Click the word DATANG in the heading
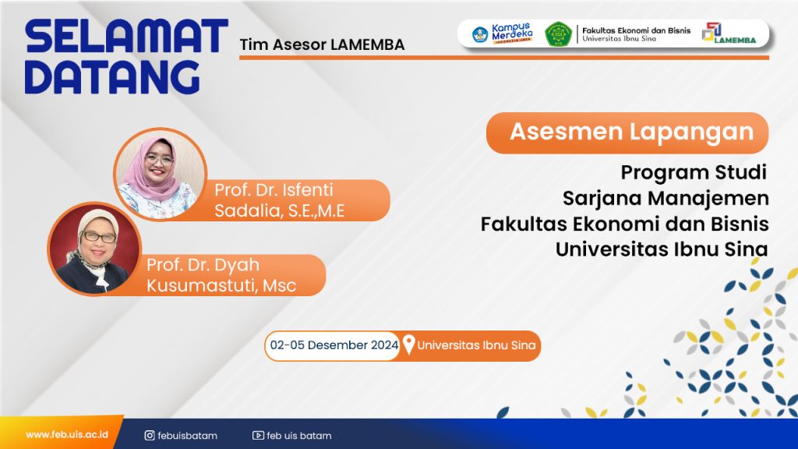point(112,77)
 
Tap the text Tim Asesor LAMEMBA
point(322,44)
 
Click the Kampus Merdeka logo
point(503,34)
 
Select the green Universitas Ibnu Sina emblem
point(558,34)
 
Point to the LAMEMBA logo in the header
point(729,34)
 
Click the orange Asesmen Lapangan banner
point(627,133)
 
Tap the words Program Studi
point(693,172)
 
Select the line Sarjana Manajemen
point(666,198)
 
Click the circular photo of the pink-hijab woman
point(160,174)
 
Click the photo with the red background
point(94,249)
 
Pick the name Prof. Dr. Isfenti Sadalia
point(280,200)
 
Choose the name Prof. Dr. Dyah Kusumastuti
point(221,275)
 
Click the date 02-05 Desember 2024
point(334,345)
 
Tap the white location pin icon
point(408,345)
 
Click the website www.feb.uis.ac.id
point(67,435)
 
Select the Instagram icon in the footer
point(150,435)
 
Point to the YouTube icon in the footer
point(258,435)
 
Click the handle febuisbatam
point(187,436)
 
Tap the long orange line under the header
point(504,58)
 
